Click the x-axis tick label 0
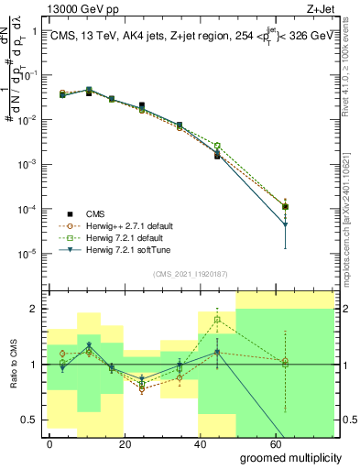pos(49,444)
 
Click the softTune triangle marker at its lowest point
pos(286,224)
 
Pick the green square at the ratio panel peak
pos(217,320)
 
